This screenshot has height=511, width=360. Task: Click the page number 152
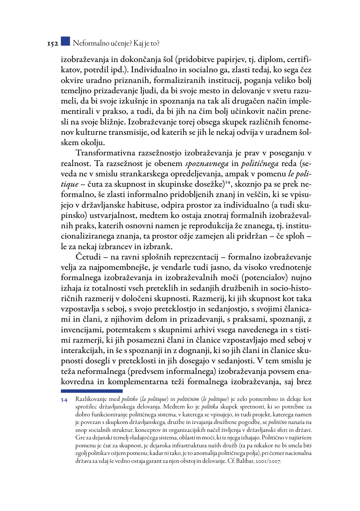pyautogui.click(x=52, y=44)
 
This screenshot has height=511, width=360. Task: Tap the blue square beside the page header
pyautogui.click(x=65, y=41)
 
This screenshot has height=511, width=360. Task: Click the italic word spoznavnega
pyautogui.click(x=207, y=164)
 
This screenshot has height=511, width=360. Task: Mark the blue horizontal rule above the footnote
pyautogui.click(x=92, y=391)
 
